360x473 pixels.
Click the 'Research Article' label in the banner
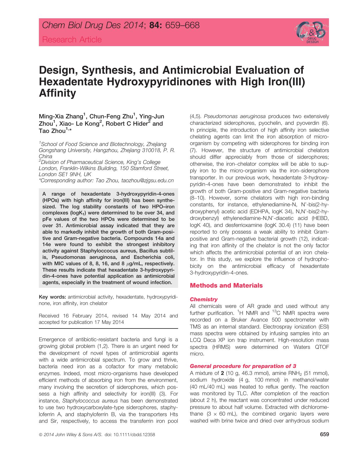pos(72,39)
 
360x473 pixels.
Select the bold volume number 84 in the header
pos(155,26)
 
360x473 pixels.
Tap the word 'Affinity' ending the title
pos(57,93)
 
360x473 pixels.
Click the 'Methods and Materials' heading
pos(226,286)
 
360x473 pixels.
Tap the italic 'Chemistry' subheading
pos(203,299)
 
